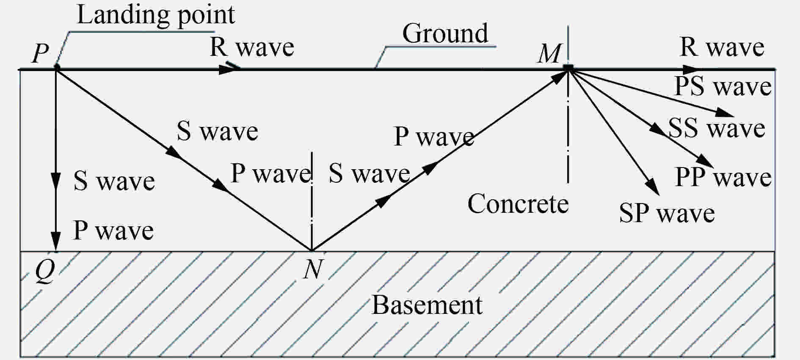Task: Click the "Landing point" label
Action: (156, 16)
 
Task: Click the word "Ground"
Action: (445, 33)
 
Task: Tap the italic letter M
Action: (549, 54)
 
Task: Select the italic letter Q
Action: (45, 271)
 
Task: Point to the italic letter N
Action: (313, 269)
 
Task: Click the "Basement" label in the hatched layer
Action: (427, 305)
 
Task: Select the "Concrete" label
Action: (518, 204)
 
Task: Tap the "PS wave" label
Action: (723, 87)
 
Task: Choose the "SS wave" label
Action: (717, 128)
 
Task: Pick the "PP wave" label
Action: (723, 177)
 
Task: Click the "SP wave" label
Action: (667, 213)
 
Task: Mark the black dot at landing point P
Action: (57, 67)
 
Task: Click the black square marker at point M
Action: (568, 67)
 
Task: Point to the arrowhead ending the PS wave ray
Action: (725, 113)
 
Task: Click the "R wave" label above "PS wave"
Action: (722, 47)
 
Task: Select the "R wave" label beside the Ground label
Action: (252, 47)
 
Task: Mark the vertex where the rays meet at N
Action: (312, 250)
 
